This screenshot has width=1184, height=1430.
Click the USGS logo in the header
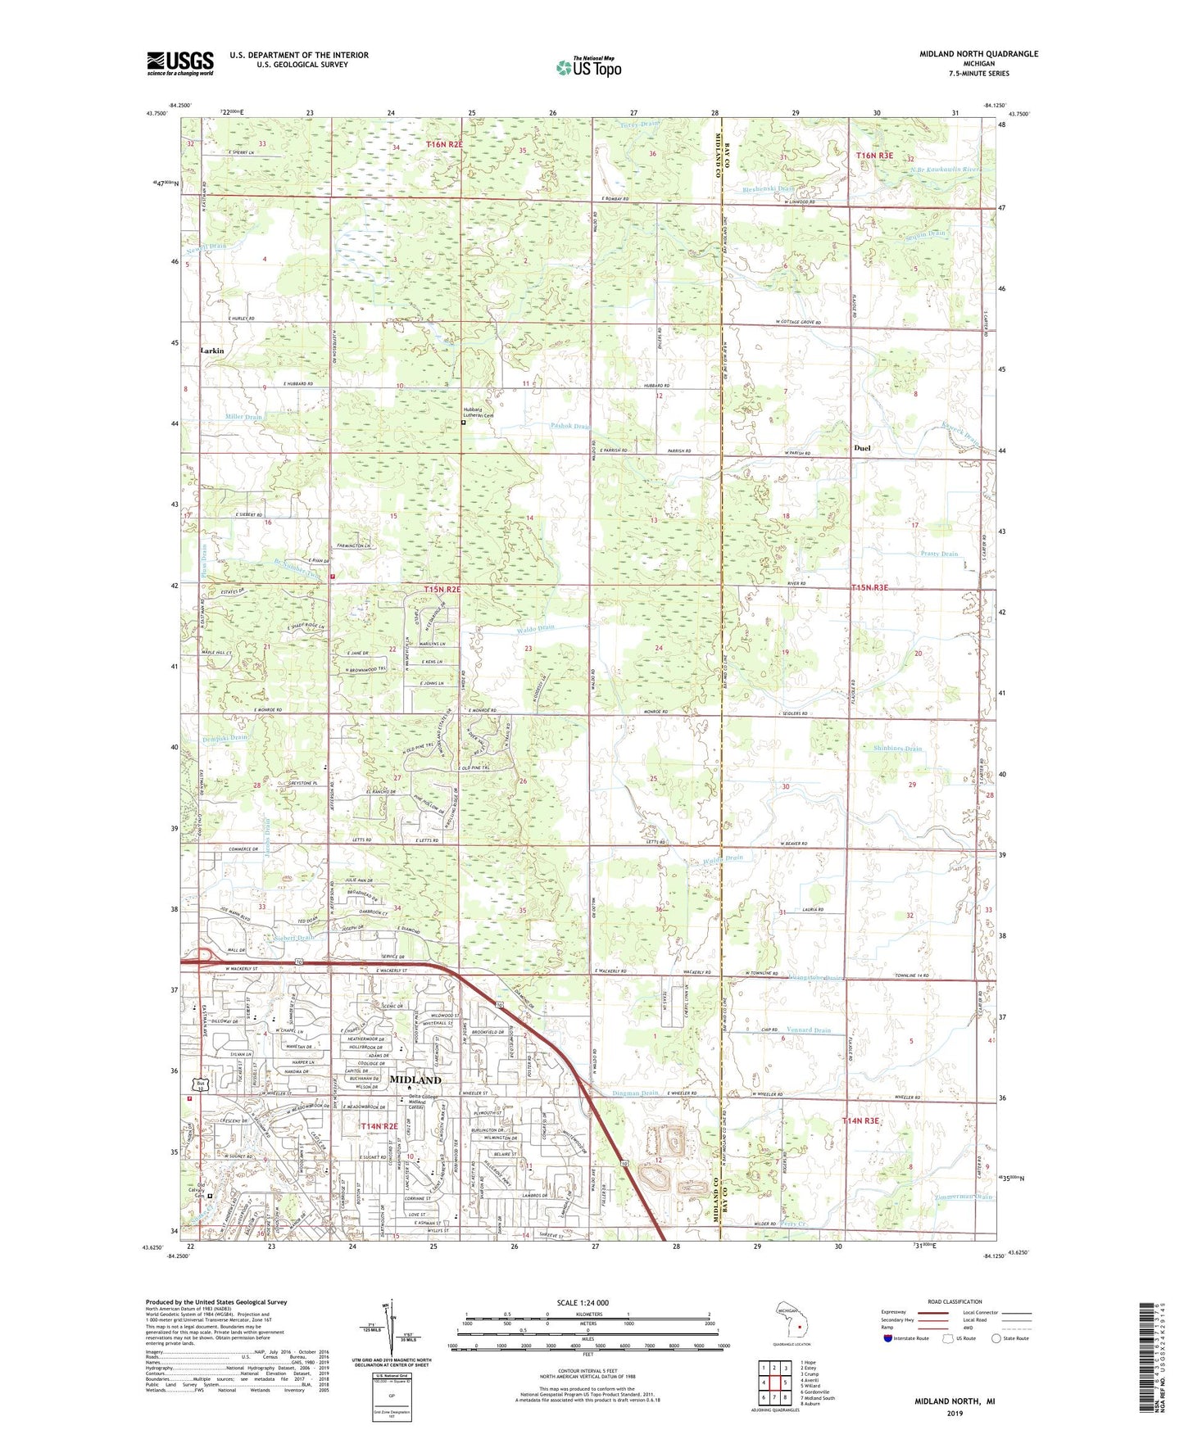point(180,63)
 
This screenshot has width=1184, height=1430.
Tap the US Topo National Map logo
point(588,67)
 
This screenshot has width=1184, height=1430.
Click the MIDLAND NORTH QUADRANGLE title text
point(978,54)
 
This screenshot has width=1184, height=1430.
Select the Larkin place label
point(211,350)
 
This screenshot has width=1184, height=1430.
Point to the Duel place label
point(862,448)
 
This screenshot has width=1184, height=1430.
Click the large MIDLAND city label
point(415,1079)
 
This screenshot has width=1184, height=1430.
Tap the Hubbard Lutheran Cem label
point(477,414)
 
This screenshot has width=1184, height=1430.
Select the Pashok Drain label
point(570,426)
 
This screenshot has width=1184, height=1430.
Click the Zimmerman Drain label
point(963,1197)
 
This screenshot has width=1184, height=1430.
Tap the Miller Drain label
point(243,417)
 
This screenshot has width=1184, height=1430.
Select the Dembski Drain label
point(224,738)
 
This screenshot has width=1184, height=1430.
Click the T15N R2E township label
point(442,589)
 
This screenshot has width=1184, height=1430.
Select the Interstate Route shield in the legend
point(889,1338)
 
